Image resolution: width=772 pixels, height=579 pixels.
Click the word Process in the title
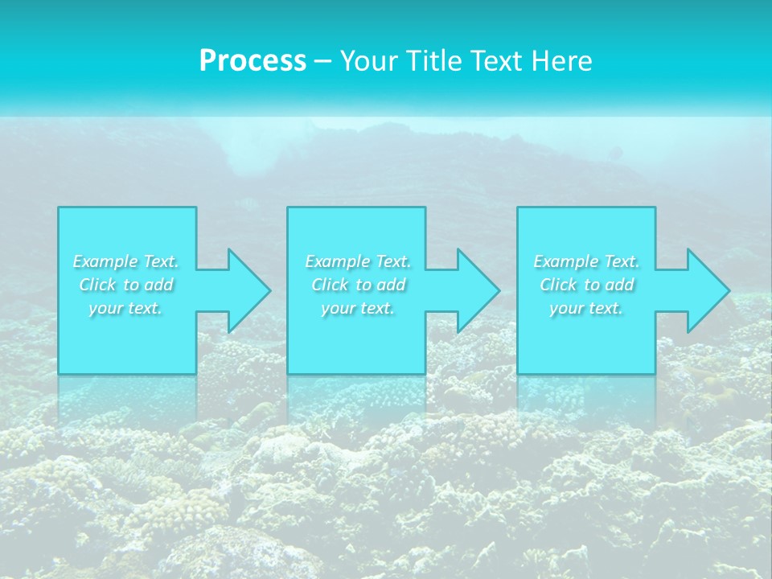[x=253, y=61]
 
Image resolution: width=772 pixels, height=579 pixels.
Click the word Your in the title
[x=369, y=61]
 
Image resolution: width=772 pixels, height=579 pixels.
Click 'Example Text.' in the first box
[x=126, y=261]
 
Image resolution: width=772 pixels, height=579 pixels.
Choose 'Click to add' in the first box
[x=126, y=285]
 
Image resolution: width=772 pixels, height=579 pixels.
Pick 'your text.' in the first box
[x=126, y=308]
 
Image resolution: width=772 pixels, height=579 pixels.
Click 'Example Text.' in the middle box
[x=358, y=261]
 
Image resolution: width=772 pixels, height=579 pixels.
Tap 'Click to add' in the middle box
[x=358, y=285]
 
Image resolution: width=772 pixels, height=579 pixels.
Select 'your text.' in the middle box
[x=358, y=308]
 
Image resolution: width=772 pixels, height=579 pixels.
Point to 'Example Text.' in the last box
[x=586, y=261]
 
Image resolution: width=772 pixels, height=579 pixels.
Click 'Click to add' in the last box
[x=586, y=285]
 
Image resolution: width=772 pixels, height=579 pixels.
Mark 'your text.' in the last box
[x=586, y=308]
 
